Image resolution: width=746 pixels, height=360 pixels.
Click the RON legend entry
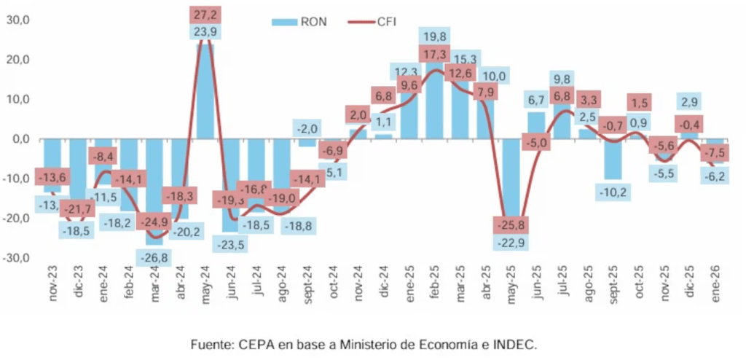[299, 21]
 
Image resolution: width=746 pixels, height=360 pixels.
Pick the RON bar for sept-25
[613, 159]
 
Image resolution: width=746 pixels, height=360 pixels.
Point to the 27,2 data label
[205, 14]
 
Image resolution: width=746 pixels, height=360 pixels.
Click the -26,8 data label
[154, 258]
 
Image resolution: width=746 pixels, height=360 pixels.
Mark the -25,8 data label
[511, 223]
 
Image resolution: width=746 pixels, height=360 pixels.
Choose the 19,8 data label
[434, 36]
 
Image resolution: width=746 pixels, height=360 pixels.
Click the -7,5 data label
[715, 153]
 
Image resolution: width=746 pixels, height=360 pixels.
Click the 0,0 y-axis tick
[19, 138]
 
